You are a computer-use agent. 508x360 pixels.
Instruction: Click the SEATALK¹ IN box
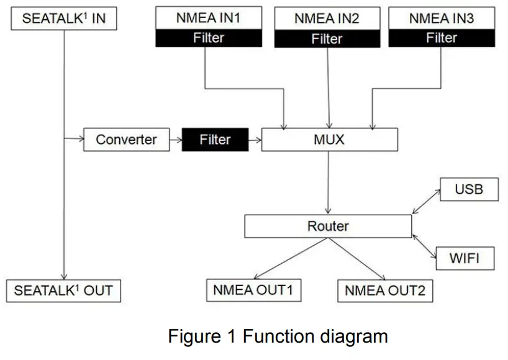(64, 19)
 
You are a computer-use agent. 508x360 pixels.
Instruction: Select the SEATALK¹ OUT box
(64, 290)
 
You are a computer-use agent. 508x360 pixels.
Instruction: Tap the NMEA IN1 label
(208, 18)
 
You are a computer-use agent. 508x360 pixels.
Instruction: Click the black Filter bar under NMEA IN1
(208, 38)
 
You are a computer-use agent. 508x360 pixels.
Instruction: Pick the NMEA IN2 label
(327, 19)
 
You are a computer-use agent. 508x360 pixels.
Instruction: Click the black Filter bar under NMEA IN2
(327, 39)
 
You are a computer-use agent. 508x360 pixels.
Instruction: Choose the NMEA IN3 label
(442, 19)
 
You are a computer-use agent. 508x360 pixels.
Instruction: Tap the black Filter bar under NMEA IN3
(442, 38)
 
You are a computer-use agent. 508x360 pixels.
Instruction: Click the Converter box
(127, 140)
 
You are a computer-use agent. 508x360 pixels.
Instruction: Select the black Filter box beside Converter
(215, 140)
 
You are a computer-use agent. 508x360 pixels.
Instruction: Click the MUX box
(329, 140)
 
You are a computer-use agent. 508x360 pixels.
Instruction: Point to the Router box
(328, 226)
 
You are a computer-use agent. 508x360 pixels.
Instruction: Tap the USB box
(469, 189)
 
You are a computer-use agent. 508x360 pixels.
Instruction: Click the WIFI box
(465, 258)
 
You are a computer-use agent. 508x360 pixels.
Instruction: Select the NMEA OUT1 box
(253, 290)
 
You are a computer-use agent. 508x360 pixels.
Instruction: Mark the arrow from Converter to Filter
(176, 140)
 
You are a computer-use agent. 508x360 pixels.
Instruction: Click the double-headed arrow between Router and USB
(426, 202)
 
